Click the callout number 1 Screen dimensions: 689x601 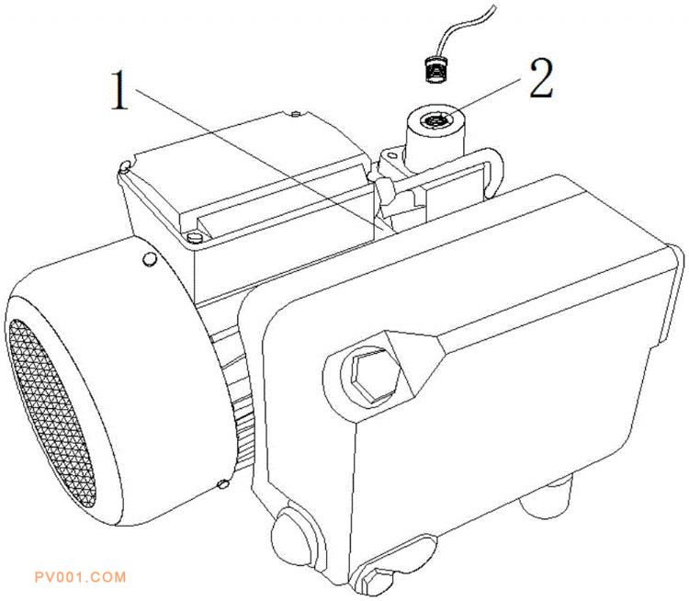[119, 91]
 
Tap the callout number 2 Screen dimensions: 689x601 [541, 78]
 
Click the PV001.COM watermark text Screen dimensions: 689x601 [81, 577]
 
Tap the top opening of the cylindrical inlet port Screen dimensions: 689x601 [435, 119]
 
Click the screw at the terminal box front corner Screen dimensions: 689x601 [194, 237]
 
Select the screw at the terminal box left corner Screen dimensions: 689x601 [124, 165]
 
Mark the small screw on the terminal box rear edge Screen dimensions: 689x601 [296, 114]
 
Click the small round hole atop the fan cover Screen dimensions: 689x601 [150, 259]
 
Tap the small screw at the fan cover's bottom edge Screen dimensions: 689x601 [223, 483]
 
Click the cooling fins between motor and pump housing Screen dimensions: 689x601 [236, 396]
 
